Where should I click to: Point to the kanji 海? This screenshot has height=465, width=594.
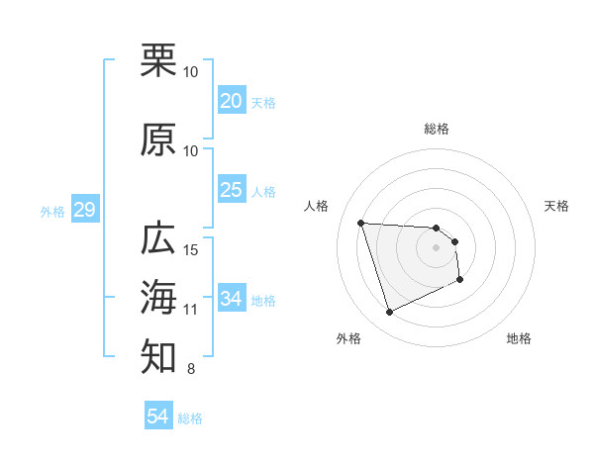pyautogui.click(x=159, y=297)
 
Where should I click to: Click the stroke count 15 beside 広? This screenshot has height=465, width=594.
pyautogui.click(x=191, y=249)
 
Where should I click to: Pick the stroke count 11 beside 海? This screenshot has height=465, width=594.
pyautogui.click(x=191, y=310)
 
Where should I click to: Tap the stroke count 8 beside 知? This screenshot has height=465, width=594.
pyautogui.click(x=190, y=370)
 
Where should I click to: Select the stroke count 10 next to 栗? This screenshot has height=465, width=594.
pyautogui.click(x=191, y=72)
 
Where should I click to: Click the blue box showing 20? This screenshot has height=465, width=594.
pyautogui.click(x=231, y=100)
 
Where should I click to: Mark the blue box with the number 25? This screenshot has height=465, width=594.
pyautogui.click(x=231, y=189)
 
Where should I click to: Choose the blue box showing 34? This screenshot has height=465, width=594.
pyautogui.click(x=231, y=298)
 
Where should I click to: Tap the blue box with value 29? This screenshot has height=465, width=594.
pyautogui.click(x=84, y=210)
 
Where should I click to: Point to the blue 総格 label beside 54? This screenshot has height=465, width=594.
pyautogui.click(x=190, y=418)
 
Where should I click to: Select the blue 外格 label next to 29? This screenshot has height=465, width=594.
pyautogui.click(x=52, y=211)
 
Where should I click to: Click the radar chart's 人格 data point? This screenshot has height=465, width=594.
pyautogui.click(x=360, y=223)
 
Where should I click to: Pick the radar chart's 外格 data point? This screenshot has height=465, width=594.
pyautogui.click(x=389, y=313)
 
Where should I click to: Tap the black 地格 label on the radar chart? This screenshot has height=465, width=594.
pyautogui.click(x=519, y=338)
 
